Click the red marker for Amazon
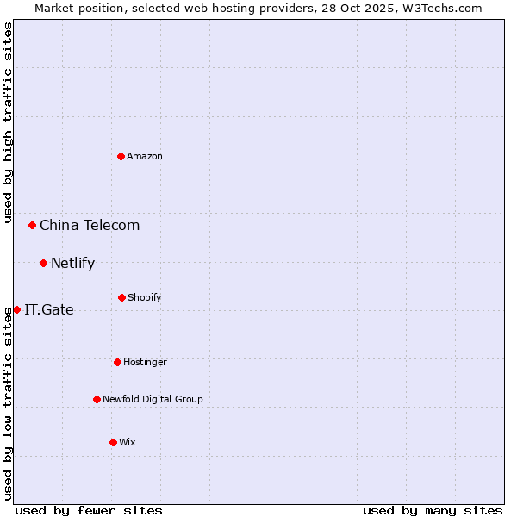pos(121,156)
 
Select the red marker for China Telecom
pos(33,225)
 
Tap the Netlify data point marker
pos(43,263)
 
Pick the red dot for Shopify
pos(121,297)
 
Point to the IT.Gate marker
pos(16,309)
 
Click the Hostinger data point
pos(117,362)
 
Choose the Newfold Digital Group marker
pos(97,399)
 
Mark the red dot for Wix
pos(113,442)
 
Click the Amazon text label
pos(145,156)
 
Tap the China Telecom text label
pos(90,226)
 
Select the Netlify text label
pos(72,264)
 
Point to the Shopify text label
pos(145,297)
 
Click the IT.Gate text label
pos(49,310)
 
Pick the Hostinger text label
pos(145,362)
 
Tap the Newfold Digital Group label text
pos(153,399)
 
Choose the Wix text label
pos(128,442)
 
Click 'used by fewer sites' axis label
pos(89,510)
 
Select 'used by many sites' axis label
pos(433,510)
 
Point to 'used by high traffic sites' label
pos(8,122)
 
